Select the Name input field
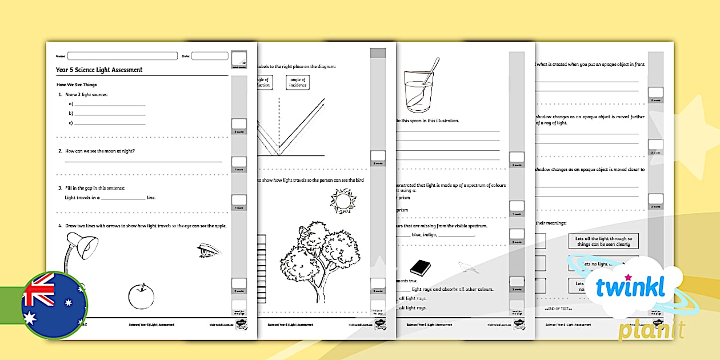click(x=122, y=56)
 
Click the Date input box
click(x=209, y=56)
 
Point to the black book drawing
click(x=420, y=267)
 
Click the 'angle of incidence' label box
click(x=298, y=82)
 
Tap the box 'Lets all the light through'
click(x=603, y=241)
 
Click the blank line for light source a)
click(x=109, y=105)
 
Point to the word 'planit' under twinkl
click(x=651, y=330)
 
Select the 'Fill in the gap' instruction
click(x=95, y=188)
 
